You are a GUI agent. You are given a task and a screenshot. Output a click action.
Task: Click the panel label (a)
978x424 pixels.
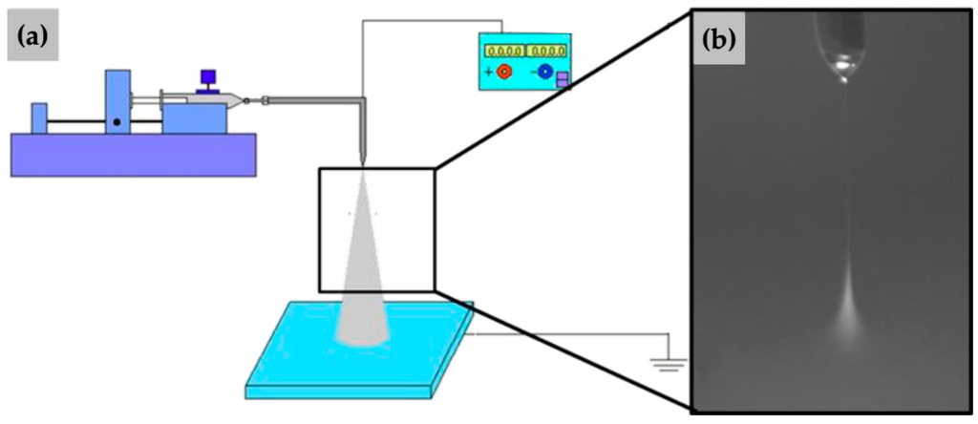click(35, 40)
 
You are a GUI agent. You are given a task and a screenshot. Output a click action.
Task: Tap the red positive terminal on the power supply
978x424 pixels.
click(505, 72)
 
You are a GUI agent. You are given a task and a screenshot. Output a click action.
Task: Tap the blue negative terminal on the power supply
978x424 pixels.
click(545, 72)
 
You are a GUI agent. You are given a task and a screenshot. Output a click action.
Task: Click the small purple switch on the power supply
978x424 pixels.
click(563, 79)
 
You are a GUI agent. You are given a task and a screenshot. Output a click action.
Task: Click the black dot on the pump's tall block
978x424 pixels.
click(117, 122)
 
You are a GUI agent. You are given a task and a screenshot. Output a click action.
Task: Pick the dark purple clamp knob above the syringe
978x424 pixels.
click(206, 79)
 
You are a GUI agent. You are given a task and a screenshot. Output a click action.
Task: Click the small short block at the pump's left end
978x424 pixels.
click(38, 117)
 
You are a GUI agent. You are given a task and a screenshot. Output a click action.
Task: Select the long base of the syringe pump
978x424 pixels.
click(133, 154)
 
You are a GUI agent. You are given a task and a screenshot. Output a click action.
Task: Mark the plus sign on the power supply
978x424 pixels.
click(490, 72)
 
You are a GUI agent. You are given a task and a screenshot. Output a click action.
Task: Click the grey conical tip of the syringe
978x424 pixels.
click(236, 98)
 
